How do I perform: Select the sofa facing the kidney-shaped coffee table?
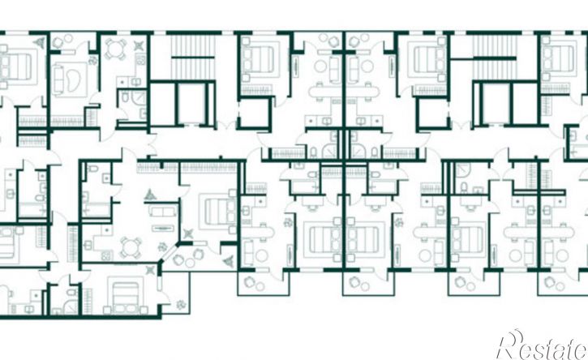pos(58,80)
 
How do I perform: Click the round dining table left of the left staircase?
pos(115,49)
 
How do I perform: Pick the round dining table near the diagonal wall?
pos(131,247)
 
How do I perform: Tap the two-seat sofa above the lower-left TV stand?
pos(163,210)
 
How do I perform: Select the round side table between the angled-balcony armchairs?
pos(190,263)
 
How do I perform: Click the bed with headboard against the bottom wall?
pos(125,296)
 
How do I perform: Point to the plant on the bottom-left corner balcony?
pos(182,305)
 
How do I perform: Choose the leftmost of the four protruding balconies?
pos(264,284)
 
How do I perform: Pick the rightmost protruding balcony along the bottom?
pos(563,284)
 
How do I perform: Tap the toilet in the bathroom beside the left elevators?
pos(125,98)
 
